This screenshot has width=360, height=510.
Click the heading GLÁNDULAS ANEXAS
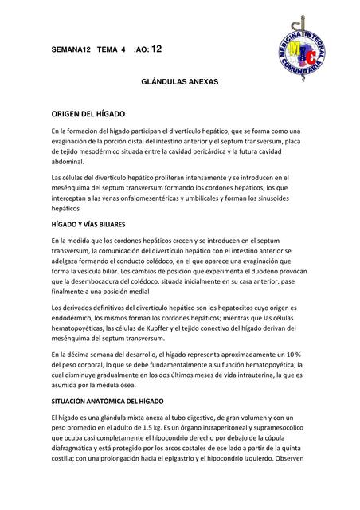(179, 82)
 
